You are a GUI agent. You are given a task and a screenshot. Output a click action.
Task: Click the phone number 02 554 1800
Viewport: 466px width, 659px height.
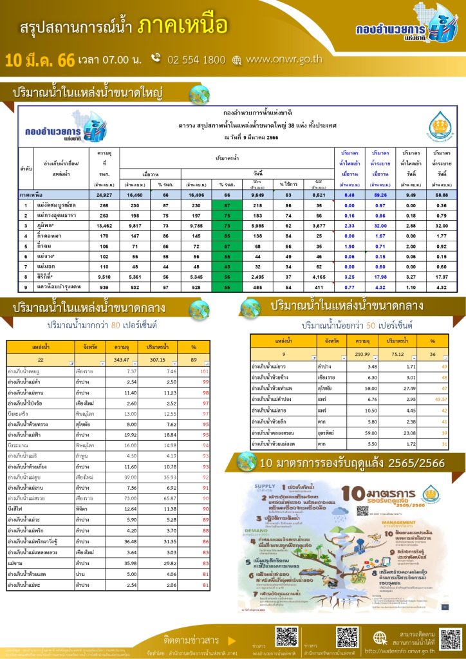pyautogui.click(x=196, y=60)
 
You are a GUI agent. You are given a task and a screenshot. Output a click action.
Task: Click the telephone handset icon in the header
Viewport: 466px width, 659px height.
pyautogui.click(x=155, y=59)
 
